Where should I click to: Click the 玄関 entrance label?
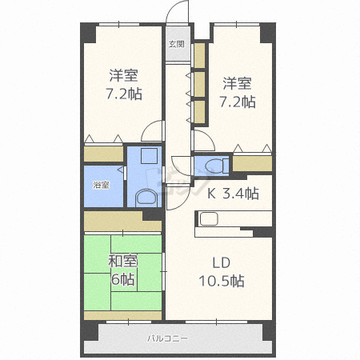click(x=177, y=44)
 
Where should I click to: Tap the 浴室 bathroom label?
click(x=101, y=185)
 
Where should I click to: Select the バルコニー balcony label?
click(x=168, y=338)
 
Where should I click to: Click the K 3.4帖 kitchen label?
click(x=233, y=194)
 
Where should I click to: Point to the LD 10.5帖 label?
click(x=222, y=272)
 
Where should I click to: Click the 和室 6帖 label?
click(x=122, y=270)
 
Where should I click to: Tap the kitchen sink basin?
click(x=210, y=218)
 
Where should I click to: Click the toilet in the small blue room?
click(x=217, y=166)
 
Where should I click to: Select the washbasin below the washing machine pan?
click(x=146, y=198)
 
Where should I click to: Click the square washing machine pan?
click(x=149, y=156)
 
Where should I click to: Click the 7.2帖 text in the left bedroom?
click(x=124, y=94)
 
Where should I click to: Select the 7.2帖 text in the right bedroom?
click(x=238, y=102)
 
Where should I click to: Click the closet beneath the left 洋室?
click(x=103, y=154)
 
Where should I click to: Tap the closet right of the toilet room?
click(x=252, y=163)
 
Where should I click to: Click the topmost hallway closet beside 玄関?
click(x=200, y=56)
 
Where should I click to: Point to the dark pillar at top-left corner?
click(x=89, y=33)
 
